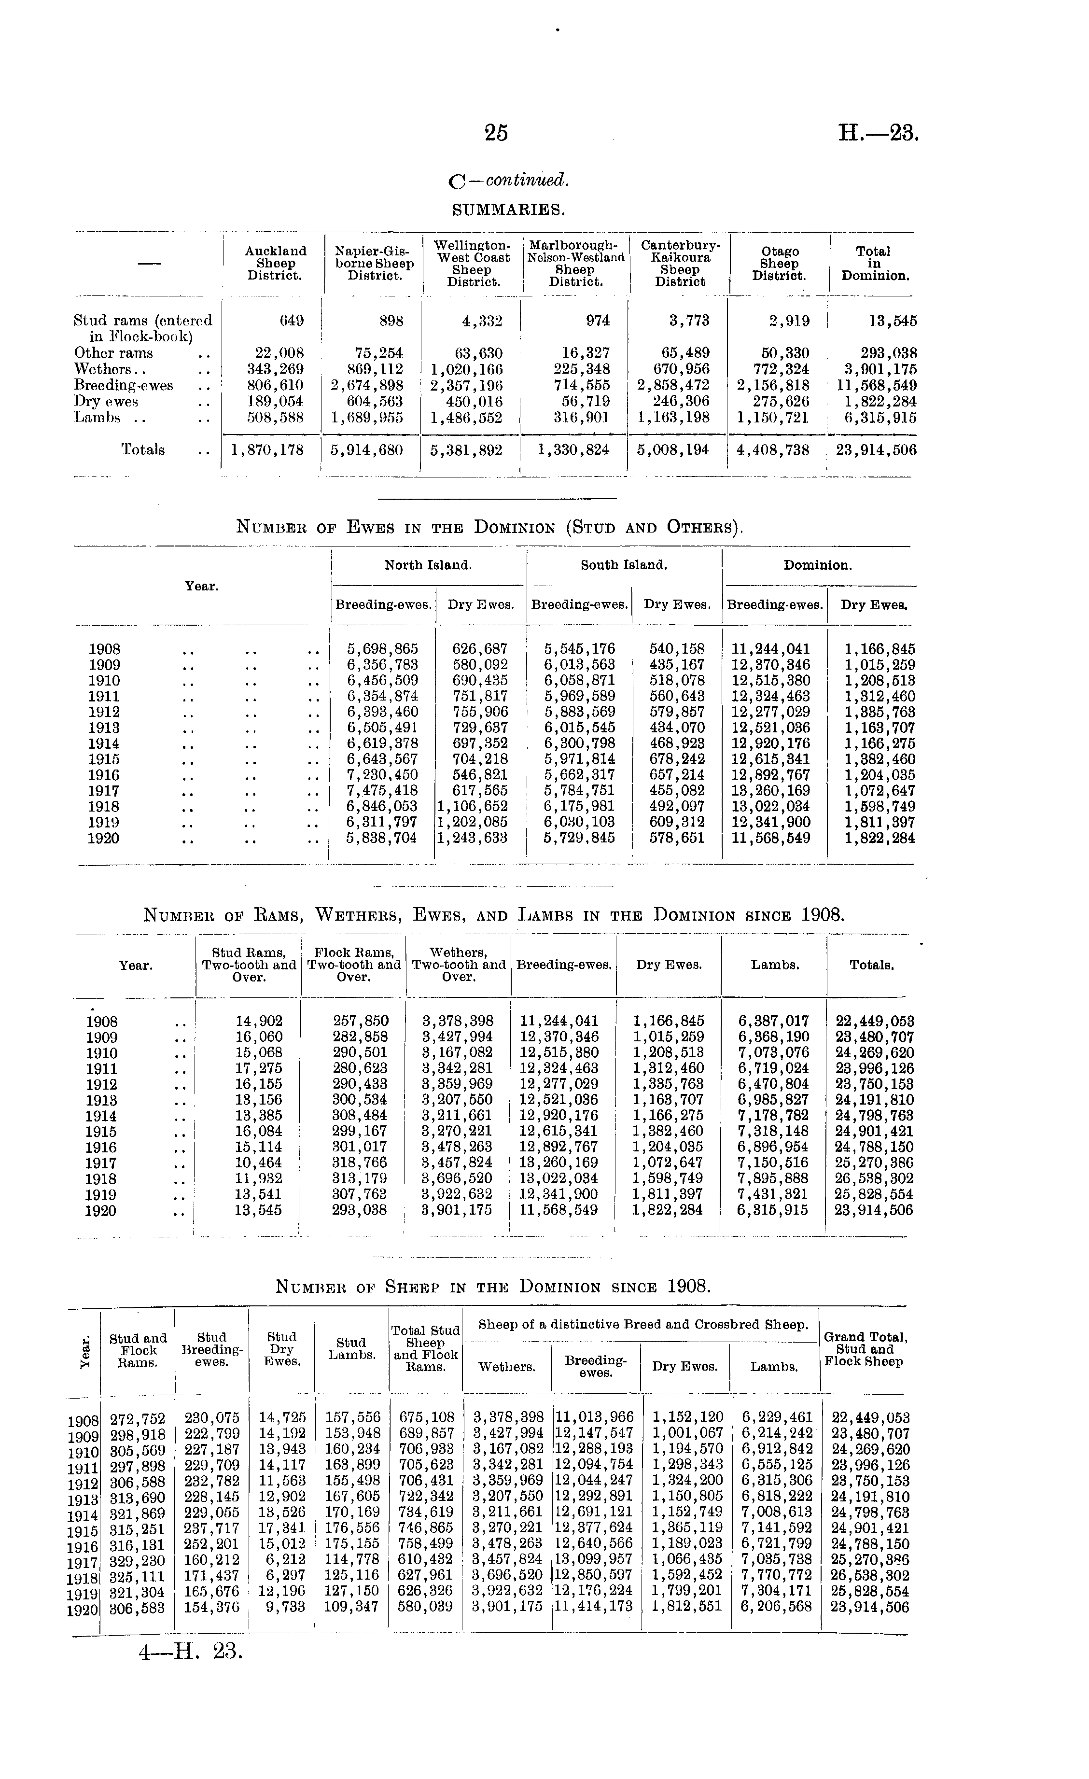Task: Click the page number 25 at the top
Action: click(x=496, y=133)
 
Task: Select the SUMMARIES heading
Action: click(x=508, y=210)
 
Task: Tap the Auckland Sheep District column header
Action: click(x=275, y=263)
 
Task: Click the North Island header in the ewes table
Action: click(x=428, y=565)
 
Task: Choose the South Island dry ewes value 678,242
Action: click(x=677, y=759)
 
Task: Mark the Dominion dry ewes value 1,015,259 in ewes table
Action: click(x=880, y=665)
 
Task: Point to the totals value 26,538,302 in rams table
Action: click(x=874, y=1178)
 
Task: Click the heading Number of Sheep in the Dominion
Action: click(x=493, y=1286)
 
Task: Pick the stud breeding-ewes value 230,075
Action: click(x=211, y=1417)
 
